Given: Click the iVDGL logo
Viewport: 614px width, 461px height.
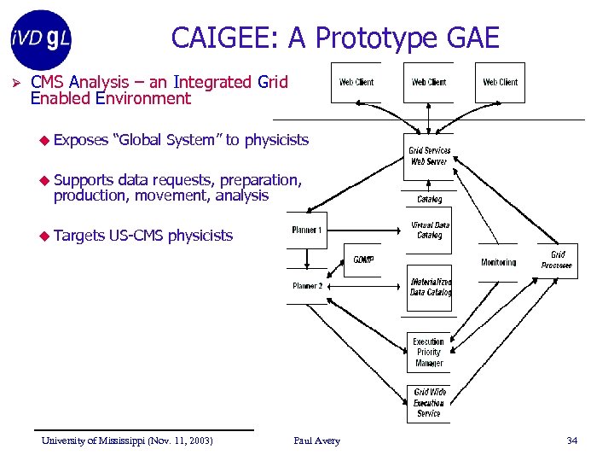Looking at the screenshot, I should coord(40,38).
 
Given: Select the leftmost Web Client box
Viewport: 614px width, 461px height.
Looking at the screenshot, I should coord(356,83).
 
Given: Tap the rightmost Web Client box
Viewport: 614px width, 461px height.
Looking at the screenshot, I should coord(500,83).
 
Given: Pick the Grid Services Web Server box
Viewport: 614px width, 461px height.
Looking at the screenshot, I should coord(429,156).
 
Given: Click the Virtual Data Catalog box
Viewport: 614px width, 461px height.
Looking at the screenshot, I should coord(430,230).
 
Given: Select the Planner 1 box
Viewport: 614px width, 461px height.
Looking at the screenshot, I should coord(306,230).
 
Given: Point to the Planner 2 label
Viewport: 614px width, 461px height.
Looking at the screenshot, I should coord(307,286).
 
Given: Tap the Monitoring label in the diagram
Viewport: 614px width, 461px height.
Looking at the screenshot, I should coord(498,262).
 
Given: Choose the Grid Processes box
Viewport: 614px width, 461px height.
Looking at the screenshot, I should coord(557,260).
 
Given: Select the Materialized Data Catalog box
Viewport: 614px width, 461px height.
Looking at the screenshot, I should coord(430,287).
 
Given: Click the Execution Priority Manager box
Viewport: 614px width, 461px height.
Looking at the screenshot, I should coord(429,352).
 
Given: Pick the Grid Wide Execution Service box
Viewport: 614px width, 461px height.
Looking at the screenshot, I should coord(429,403).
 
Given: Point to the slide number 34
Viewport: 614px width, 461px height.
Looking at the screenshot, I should coord(571,441).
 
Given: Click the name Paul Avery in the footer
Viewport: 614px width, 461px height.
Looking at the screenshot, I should coord(316,441).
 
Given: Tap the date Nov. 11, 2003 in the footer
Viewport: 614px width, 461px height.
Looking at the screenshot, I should coord(180,441).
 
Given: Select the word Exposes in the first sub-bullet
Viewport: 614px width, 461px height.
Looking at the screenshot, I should coord(81,140).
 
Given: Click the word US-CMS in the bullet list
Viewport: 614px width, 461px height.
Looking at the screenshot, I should coord(136,236).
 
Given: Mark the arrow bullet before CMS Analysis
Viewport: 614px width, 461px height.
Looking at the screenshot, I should coord(14,83).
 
